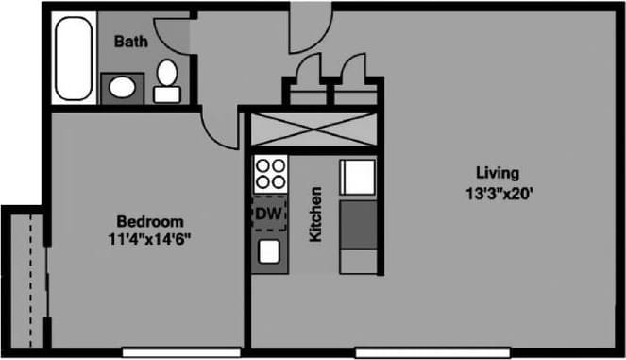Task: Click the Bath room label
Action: (129, 42)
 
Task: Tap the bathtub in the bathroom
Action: (71, 59)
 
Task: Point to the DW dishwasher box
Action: (269, 214)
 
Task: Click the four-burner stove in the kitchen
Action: (270, 175)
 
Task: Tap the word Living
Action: (498, 173)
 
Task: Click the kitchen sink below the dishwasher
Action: (269, 251)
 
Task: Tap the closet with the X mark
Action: (311, 129)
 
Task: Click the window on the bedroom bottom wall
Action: (161, 353)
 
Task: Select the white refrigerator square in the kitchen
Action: (358, 177)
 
